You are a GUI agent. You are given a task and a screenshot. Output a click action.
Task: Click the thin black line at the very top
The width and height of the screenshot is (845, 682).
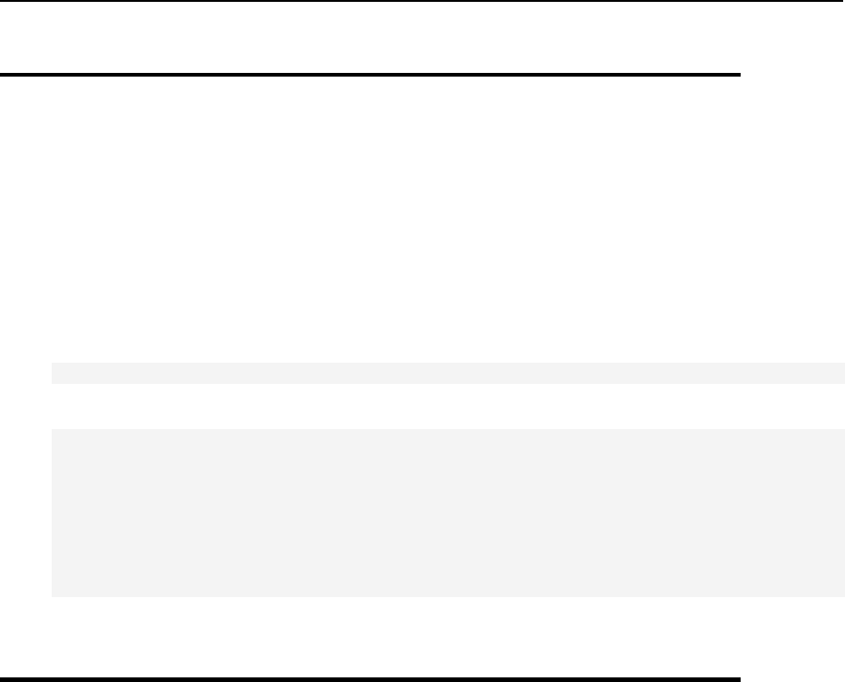pyautogui.click(x=422, y=1)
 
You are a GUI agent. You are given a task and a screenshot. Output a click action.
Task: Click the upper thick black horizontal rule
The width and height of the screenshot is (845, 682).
pyautogui.click(x=369, y=75)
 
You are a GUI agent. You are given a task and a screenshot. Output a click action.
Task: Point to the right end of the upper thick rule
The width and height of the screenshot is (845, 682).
pyautogui.click(x=740, y=75)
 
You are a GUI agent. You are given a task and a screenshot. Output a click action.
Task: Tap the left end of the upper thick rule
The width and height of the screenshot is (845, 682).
pyautogui.click(x=2, y=75)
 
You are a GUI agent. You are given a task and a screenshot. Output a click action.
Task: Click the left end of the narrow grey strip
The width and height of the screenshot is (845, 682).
pyautogui.click(x=53, y=373)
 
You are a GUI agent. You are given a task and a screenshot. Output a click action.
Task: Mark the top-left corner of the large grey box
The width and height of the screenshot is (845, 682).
pyautogui.click(x=52, y=429)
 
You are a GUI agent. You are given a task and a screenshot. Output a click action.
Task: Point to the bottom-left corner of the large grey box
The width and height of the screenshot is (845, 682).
pyautogui.click(x=52, y=595)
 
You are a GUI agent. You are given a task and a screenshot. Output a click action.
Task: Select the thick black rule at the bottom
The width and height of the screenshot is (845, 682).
pyautogui.click(x=369, y=679)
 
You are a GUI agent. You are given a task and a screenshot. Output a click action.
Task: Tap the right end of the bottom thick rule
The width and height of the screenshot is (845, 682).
pyautogui.click(x=740, y=679)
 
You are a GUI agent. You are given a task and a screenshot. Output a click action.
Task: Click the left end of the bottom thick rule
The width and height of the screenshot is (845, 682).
pyautogui.click(x=2, y=679)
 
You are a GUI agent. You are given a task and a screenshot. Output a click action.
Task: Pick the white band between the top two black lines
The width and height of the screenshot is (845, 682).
pyautogui.click(x=369, y=37)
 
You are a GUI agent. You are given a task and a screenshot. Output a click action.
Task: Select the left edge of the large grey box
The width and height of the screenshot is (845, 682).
pyautogui.click(x=52, y=512)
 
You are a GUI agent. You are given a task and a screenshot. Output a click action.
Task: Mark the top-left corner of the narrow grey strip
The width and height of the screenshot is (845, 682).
pyautogui.click(x=52, y=364)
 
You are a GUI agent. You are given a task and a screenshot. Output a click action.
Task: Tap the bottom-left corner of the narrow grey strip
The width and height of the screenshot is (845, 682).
pyautogui.click(x=52, y=382)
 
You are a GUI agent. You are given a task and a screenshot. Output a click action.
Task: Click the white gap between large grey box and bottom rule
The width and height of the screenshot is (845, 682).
pyautogui.click(x=369, y=637)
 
